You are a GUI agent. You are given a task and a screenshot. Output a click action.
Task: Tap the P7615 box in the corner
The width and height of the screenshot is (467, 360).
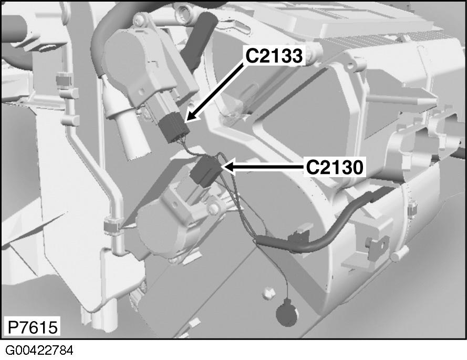point(32,327)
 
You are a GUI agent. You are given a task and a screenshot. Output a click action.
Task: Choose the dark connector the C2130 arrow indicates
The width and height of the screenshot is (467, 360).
point(207,172)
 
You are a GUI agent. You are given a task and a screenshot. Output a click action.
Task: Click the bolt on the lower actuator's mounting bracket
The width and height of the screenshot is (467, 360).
point(213,209)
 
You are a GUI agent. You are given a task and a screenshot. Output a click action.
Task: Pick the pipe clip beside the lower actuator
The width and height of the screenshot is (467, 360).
point(111,225)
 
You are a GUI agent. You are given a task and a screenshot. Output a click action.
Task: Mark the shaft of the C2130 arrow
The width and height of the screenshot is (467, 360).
point(268,167)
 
